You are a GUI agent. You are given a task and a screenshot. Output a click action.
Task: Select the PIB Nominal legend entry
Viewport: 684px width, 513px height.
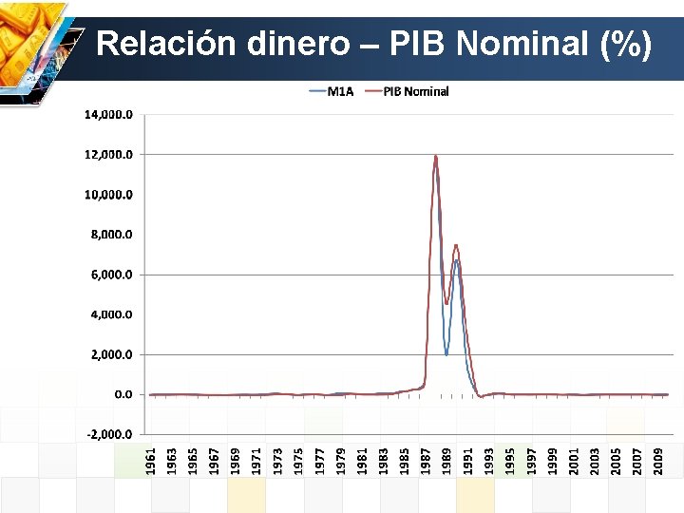click(x=415, y=91)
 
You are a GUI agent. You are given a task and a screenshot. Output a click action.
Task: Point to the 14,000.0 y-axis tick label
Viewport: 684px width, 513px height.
click(x=109, y=114)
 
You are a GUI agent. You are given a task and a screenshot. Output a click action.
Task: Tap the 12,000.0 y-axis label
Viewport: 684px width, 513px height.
click(x=109, y=154)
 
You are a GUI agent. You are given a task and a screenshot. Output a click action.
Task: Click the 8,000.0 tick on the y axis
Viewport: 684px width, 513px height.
click(x=112, y=234)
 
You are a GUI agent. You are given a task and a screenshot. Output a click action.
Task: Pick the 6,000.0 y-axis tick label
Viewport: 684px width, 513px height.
click(x=112, y=275)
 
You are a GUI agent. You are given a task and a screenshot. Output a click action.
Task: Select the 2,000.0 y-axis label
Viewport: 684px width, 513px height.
click(x=112, y=354)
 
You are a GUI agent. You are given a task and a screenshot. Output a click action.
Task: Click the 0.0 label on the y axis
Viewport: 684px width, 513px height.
click(x=123, y=394)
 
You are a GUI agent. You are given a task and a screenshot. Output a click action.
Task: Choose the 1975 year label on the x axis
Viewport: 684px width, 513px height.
click(x=298, y=450)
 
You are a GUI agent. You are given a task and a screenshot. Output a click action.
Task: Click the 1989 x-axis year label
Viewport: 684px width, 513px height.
click(x=446, y=450)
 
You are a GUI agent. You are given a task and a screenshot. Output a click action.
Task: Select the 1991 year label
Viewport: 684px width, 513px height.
click(x=467, y=450)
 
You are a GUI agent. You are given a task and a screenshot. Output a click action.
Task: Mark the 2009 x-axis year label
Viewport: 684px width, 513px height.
click(x=657, y=450)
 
